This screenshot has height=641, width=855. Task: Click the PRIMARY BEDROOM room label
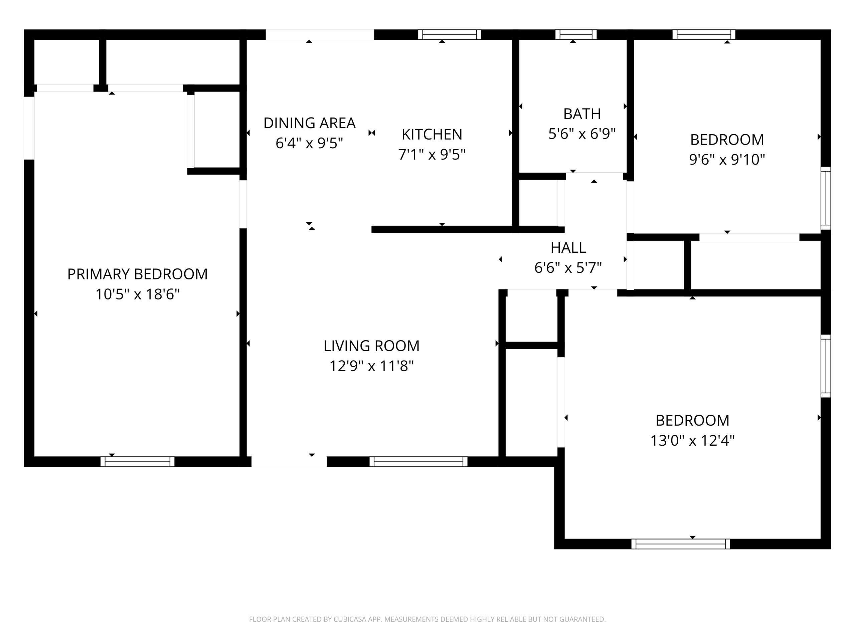pos(137,274)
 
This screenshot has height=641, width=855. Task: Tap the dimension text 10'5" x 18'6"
pos(138,294)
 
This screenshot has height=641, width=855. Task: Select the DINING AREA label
pos(309,123)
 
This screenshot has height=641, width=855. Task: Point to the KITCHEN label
pos(432,135)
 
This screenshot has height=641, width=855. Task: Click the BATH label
pos(582,114)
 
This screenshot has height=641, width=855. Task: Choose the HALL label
pos(568,247)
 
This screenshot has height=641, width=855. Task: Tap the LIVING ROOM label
pos(371,346)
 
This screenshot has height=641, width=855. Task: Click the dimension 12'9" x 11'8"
pos(371,366)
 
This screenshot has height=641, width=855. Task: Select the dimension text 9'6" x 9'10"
pos(727,160)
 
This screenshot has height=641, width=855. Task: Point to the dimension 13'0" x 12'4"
pos(692,440)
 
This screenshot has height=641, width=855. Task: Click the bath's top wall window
pos(576,35)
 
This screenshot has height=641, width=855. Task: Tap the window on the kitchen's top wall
pos(450,35)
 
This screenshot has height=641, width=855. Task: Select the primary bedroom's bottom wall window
pos(138,462)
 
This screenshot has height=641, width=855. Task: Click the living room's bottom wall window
pos(418,462)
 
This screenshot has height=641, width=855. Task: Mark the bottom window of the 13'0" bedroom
pos(681,544)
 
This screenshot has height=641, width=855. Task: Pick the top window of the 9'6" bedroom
pos(704,35)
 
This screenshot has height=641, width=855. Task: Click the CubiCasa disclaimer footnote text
pos(427,619)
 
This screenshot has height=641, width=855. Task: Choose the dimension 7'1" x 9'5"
pos(432,155)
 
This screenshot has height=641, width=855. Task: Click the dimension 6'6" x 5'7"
pos(568,267)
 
